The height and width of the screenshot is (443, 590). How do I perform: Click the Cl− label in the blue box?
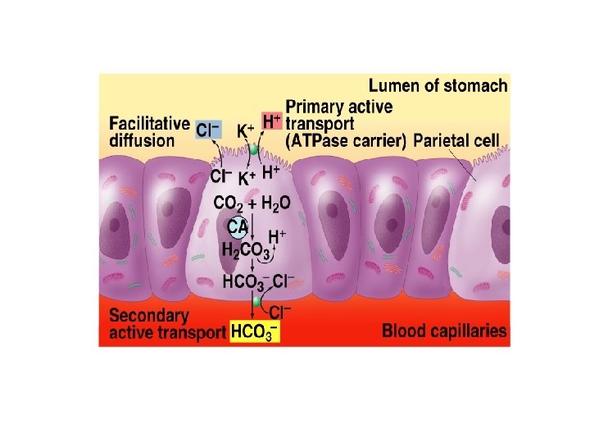coord(207,129)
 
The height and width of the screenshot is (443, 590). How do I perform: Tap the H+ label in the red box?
coord(272,121)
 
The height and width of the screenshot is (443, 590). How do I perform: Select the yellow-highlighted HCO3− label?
coord(254,331)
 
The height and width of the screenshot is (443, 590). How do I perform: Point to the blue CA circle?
coord(238,226)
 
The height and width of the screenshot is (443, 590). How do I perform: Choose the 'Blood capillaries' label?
coord(444,331)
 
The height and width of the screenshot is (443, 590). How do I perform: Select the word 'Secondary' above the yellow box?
coord(149,316)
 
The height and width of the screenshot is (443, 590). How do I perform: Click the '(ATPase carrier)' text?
coord(345,140)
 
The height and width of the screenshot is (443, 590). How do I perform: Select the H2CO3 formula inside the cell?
coord(243,250)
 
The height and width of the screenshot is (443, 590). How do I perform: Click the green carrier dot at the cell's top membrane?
coord(254,151)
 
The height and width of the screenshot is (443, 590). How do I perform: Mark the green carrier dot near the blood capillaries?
coord(256,302)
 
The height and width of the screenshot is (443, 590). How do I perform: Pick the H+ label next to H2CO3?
coord(278,236)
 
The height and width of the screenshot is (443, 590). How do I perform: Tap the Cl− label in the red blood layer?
coord(281,313)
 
